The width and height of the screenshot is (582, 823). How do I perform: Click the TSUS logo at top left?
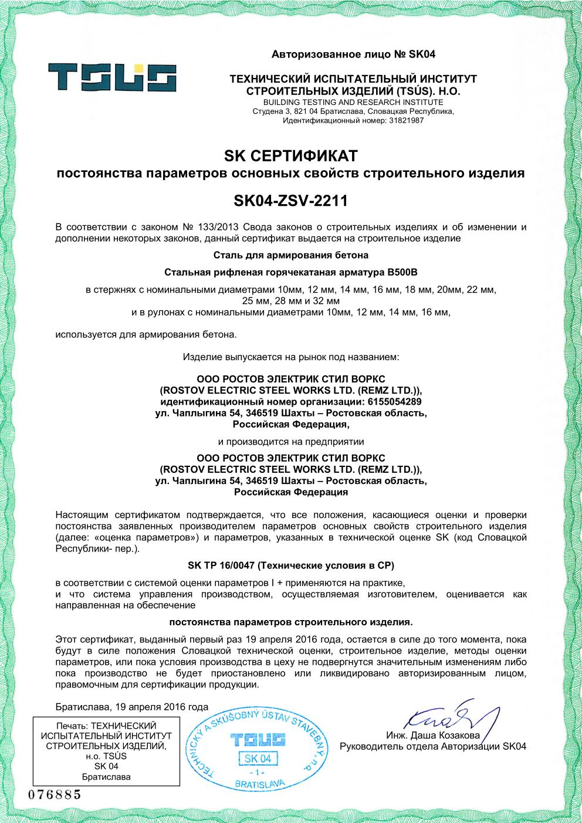pos(112,77)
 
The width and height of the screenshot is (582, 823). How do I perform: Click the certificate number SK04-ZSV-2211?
pos(290,201)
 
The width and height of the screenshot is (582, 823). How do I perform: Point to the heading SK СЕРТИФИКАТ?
pos(290,157)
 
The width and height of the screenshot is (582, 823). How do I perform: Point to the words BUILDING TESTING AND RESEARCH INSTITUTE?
pos(353,102)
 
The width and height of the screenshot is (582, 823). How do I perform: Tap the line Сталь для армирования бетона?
pos(290,255)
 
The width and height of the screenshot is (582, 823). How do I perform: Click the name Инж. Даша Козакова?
pos(433,736)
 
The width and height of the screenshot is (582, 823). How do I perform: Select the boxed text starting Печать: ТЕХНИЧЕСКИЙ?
pos(106,751)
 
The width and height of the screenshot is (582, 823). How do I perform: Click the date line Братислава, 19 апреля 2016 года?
pos(132,706)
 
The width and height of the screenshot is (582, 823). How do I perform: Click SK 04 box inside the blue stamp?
pos(259,758)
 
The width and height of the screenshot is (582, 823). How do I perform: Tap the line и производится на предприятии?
pos(290,441)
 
